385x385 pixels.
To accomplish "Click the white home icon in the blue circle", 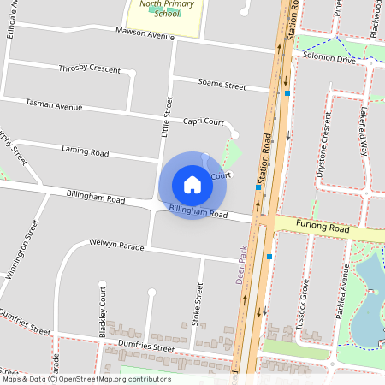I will (192, 184).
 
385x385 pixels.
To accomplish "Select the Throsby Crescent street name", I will (89, 68).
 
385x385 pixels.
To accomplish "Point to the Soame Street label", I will (222, 86).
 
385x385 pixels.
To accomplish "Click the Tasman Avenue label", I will (54, 106).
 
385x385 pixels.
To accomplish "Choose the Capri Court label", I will (204, 121).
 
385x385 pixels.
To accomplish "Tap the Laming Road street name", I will (85, 151).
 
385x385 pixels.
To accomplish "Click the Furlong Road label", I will (323, 228).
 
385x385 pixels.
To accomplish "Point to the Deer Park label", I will (242, 264).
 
